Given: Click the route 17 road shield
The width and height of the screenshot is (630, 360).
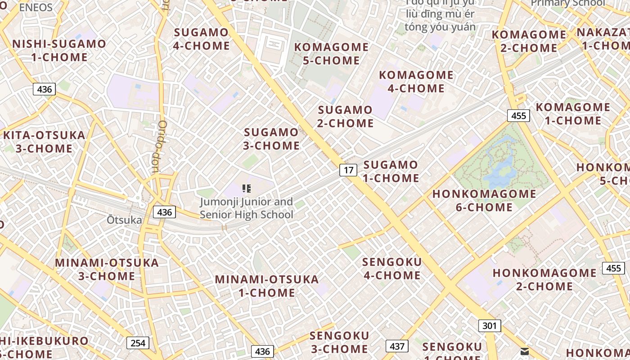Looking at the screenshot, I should [x=348, y=170].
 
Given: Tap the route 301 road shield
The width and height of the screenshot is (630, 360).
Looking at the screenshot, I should [x=489, y=325].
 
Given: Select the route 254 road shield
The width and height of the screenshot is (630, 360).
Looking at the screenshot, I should [x=138, y=343].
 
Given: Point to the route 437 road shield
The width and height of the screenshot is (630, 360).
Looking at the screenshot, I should [x=397, y=346].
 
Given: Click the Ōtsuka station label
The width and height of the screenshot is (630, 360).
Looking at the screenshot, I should [x=124, y=220].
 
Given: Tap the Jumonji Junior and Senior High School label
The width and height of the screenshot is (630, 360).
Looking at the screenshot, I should [x=246, y=208].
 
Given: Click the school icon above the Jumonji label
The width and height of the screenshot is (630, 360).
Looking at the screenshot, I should [x=246, y=189].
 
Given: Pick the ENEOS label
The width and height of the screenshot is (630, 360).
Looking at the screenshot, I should [x=36, y=7].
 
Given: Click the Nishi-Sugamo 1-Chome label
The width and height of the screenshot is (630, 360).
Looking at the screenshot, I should [x=59, y=50].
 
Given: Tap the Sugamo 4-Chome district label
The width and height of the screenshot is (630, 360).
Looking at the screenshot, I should [x=201, y=39].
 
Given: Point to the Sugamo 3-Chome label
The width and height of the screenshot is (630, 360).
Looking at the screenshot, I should [x=271, y=139].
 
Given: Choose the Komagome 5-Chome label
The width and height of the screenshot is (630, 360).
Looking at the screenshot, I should [x=331, y=54].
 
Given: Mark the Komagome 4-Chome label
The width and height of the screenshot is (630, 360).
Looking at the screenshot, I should [x=416, y=81].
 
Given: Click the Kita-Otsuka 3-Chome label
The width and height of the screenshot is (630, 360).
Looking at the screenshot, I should [x=44, y=142].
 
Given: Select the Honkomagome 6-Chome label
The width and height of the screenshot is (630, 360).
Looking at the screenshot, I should [x=484, y=200].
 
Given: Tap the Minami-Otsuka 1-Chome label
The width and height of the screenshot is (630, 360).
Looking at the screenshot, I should [x=267, y=286].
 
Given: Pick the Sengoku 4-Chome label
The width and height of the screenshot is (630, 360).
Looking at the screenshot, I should [x=392, y=268].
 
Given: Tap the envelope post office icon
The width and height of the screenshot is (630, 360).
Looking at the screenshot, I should [x=525, y=351].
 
